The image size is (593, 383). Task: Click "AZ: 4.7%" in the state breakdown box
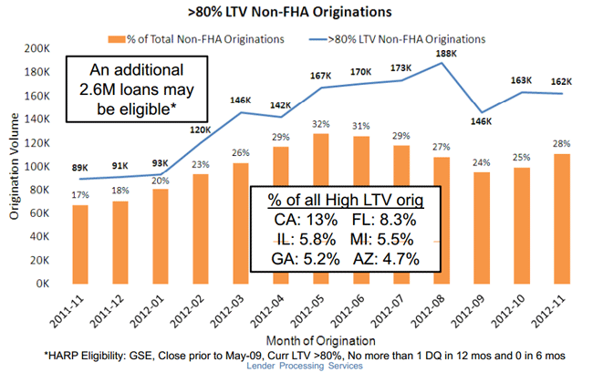(390, 258)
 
